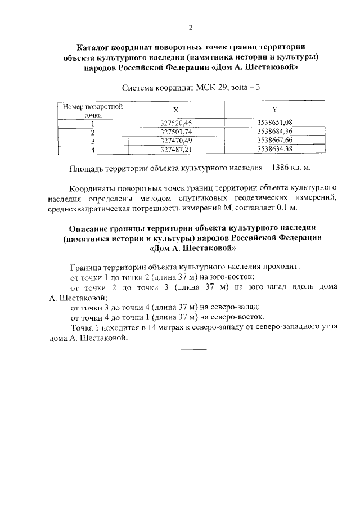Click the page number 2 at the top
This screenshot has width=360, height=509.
click(191, 27)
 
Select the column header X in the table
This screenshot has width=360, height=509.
click(177, 110)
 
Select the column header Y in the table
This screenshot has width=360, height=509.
click(274, 110)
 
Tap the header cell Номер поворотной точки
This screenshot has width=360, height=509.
click(85, 110)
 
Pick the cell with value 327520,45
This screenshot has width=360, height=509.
click(177, 123)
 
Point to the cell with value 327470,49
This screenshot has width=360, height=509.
click(177, 141)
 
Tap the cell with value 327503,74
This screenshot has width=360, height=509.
click(177, 132)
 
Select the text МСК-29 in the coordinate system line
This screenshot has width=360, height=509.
click(212, 88)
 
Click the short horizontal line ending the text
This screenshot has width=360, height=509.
click(194, 351)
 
